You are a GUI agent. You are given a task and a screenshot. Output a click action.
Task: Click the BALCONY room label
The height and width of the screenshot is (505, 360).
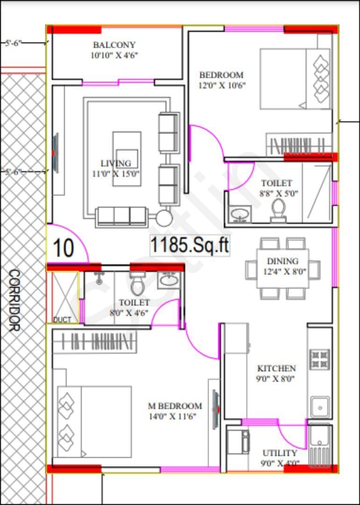tap(114, 44)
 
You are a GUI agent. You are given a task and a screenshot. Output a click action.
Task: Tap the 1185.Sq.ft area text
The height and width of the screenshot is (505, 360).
tap(190, 246)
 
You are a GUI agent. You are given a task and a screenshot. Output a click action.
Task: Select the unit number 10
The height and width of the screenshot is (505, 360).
tap(64, 248)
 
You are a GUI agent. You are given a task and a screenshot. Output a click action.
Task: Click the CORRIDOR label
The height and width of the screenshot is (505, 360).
tap(14, 301)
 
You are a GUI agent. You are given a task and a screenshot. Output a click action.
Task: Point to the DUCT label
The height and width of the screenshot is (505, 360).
tap(62, 320)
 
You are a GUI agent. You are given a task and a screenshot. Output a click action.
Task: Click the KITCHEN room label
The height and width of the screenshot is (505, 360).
tap(276, 368)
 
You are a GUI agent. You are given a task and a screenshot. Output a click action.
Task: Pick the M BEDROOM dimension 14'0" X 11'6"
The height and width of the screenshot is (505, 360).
tap(173, 417)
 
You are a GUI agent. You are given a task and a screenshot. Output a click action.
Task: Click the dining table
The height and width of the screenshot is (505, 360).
tap(283, 268)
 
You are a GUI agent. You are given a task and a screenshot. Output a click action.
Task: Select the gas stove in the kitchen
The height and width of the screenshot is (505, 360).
tap(320, 359)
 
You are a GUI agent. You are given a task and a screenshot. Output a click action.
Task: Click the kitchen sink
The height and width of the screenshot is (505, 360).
tap(320, 407)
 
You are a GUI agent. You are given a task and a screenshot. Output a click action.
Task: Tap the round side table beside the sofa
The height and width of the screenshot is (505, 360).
tap(165, 218)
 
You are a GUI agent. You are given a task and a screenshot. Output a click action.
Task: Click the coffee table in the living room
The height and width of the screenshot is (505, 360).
tap(127, 159)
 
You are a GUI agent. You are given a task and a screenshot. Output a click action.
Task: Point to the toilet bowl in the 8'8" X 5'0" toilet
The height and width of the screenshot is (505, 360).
tap(278, 210)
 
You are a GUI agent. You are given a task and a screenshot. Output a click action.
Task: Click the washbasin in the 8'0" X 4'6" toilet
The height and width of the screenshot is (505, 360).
tap(169, 281)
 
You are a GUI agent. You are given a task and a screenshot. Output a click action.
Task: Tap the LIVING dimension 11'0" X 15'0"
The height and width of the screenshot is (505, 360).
tap(118, 174)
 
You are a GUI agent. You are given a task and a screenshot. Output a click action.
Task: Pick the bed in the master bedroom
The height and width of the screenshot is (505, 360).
tap(94, 422)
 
